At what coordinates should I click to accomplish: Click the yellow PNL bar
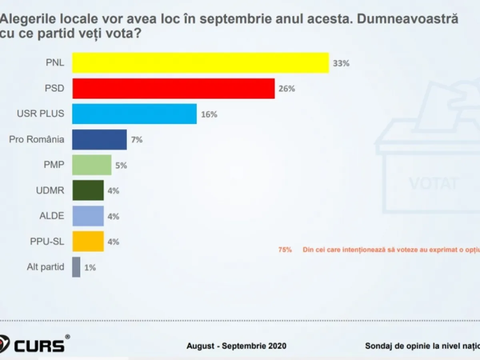click(200, 63)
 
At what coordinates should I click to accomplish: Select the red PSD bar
click(173, 88)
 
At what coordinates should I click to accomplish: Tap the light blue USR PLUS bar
click(134, 114)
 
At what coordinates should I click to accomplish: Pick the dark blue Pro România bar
click(100, 140)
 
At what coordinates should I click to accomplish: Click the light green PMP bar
click(92, 165)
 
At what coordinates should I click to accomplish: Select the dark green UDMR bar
click(88, 190)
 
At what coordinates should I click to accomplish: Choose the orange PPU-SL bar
click(88, 241)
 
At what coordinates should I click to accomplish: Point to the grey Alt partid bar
click(76, 267)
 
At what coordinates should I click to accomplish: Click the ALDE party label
click(52, 216)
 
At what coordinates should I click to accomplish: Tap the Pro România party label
click(36, 140)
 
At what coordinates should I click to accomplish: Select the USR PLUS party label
click(40, 114)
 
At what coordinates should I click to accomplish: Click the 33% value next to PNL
click(341, 63)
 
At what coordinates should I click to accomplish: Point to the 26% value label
click(287, 89)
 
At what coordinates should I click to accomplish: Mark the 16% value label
click(209, 114)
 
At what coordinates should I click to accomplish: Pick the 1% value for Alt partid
click(90, 268)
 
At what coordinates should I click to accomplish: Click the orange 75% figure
click(285, 250)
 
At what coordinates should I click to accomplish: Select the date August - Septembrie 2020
click(236, 346)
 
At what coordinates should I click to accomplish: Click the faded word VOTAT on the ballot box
click(433, 184)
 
